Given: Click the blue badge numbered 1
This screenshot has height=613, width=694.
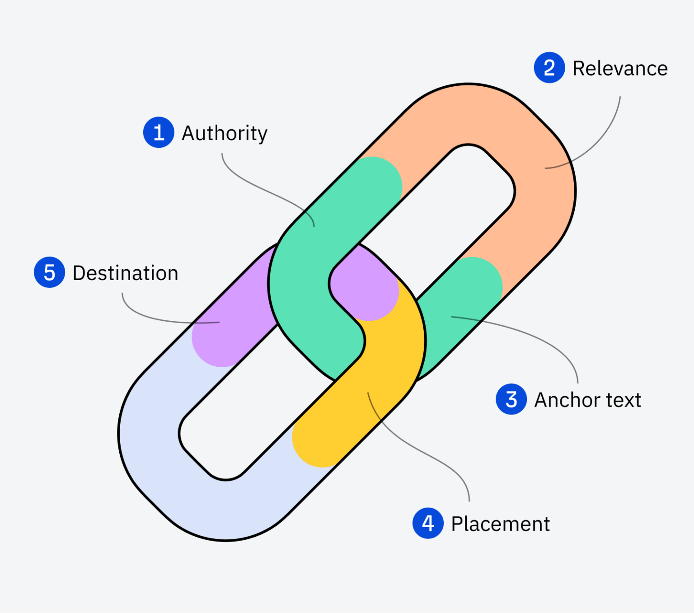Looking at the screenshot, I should (x=159, y=132).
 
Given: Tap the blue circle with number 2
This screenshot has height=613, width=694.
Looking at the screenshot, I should (x=549, y=68).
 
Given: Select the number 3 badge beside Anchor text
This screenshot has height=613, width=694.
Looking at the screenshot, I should (x=511, y=399).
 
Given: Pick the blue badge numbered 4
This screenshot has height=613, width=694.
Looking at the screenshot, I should (x=427, y=523).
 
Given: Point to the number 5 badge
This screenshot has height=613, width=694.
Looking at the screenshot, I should (x=49, y=272).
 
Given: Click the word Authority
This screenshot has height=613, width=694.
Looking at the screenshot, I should (x=224, y=133).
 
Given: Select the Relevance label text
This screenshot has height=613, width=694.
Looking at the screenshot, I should (x=620, y=69).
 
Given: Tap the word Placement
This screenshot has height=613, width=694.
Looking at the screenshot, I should (x=500, y=524).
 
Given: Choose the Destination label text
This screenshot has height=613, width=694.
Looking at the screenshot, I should (x=125, y=273).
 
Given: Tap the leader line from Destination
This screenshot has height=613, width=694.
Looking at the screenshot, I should (x=149, y=317).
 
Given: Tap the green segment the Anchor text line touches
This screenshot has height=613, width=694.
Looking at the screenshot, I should (x=456, y=307).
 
